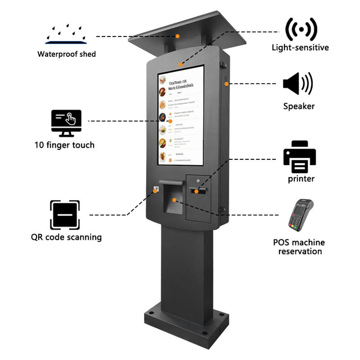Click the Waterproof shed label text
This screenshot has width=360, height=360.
[66, 54]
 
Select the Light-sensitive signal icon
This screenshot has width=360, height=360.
[301, 29]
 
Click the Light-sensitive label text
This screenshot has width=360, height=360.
[300, 48]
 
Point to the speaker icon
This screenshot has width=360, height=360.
[298, 84]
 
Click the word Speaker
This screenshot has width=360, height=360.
[299, 106]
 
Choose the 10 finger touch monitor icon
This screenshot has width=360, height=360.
[66, 123]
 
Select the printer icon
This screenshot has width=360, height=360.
[299, 157]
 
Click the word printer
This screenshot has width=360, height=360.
[301, 179]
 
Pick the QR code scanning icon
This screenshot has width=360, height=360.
[65, 215]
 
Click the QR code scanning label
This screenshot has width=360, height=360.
[66, 237]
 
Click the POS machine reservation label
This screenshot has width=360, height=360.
[299, 247]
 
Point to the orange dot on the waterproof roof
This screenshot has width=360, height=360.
[178, 36]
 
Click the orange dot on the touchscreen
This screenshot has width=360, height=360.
[170, 121]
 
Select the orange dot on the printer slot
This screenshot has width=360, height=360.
[196, 191]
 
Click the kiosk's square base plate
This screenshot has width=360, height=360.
[185, 323]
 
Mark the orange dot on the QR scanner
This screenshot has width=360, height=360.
[156, 190]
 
